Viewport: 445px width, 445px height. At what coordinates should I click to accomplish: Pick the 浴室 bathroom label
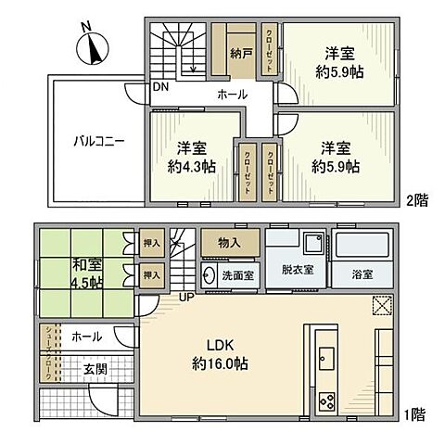(362, 274)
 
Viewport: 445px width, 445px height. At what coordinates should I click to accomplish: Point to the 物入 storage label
(229, 243)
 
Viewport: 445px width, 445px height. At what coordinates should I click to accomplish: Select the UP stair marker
(184, 296)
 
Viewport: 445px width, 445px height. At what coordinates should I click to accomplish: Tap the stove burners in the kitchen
(328, 400)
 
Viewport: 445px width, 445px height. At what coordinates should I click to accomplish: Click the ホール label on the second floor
(232, 95)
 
